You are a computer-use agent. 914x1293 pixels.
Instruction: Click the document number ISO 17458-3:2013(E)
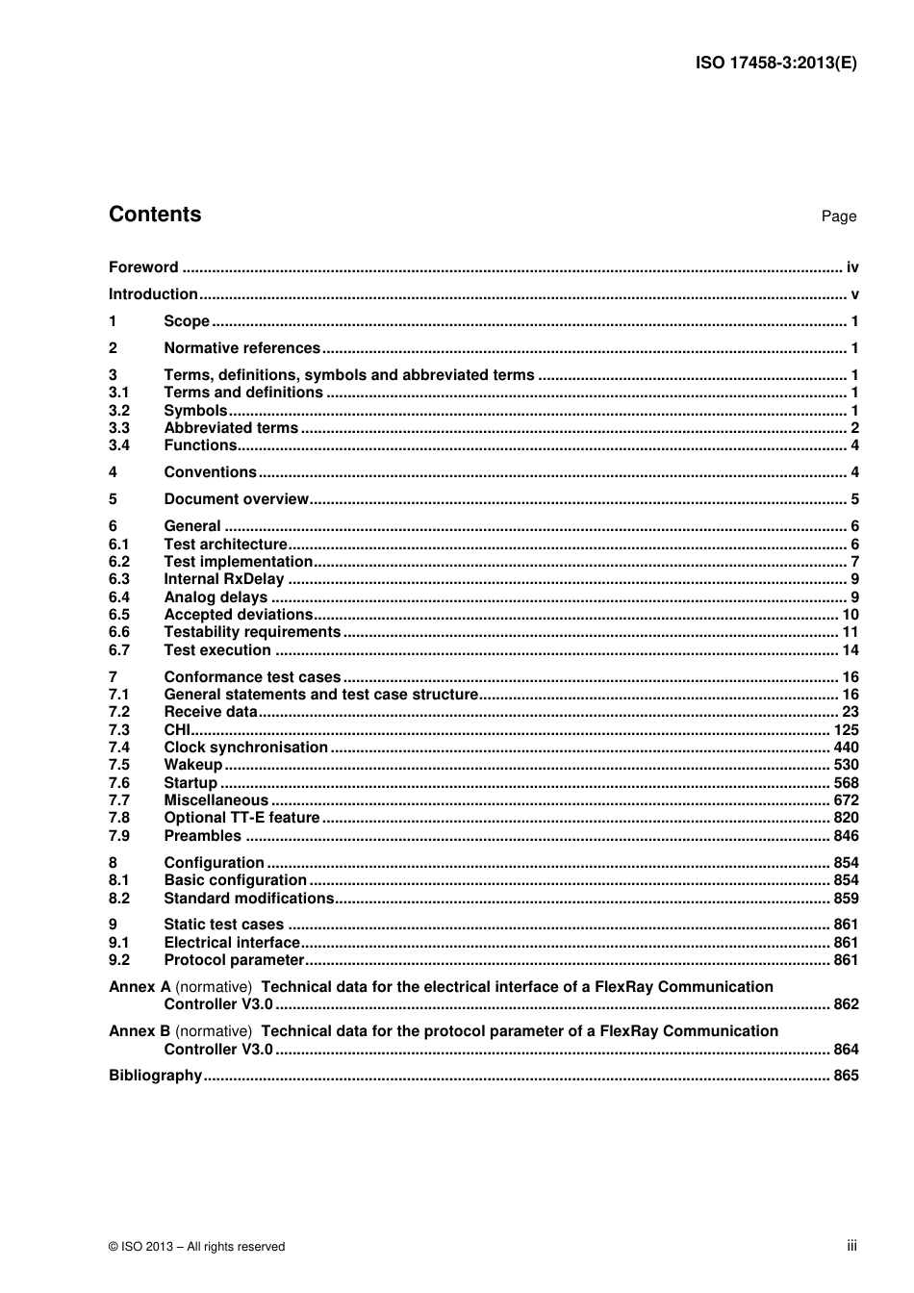[775, 63]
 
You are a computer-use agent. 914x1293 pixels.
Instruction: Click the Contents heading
[155, 215]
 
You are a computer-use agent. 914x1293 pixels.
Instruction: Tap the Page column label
[838, 216]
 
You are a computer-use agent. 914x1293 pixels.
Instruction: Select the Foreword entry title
[143, 267]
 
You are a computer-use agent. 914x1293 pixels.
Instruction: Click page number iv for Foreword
[851, 267]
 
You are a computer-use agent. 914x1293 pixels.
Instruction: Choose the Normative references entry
[241, 348]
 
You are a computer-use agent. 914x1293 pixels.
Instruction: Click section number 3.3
[119, 428]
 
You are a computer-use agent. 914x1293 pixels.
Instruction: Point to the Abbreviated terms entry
[231, 428]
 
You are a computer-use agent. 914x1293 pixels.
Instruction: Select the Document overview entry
[236, 499]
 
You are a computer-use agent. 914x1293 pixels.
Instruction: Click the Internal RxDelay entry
[224, 579]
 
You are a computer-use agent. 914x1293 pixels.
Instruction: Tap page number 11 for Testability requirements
[850, 632]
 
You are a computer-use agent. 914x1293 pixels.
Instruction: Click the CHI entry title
[177, 730]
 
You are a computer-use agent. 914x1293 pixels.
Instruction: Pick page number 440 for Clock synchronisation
[846, 748]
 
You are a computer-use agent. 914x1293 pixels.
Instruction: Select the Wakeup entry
[192, 765]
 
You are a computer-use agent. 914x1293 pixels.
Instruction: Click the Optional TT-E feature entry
[241, 818]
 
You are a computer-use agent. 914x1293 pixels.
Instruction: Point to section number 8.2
[119, 899]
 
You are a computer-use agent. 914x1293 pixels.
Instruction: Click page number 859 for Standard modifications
[846, 899]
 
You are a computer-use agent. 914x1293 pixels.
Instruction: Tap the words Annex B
[140, 1031]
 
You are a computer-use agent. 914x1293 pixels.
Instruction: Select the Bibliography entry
[155, 1076]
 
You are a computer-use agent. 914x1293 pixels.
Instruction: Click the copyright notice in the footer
[197, 1247]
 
